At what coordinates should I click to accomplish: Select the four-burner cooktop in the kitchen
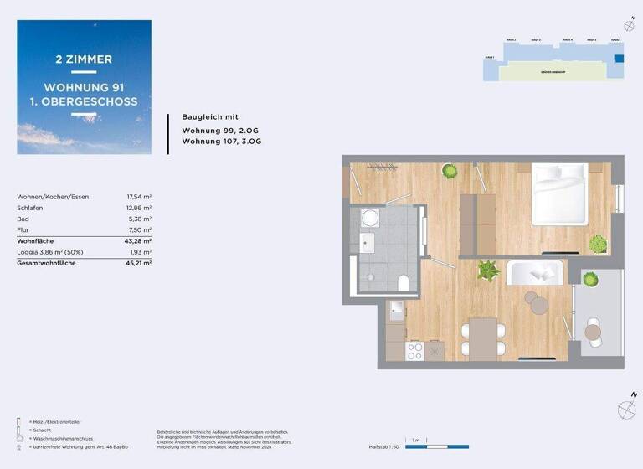414,351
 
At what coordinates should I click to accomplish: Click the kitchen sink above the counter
397,308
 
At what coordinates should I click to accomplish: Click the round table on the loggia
593,332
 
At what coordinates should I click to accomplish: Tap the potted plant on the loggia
590,279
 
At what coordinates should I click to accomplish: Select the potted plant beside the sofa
487,270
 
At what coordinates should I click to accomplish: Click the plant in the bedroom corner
598,244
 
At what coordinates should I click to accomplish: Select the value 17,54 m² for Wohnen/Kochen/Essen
138,197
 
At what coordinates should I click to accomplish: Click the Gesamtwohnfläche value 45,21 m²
138,263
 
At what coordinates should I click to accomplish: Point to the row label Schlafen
30,208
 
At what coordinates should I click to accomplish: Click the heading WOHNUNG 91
84,88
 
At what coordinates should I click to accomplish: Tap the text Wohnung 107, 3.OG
222,142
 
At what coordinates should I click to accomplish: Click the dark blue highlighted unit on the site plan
619,58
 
